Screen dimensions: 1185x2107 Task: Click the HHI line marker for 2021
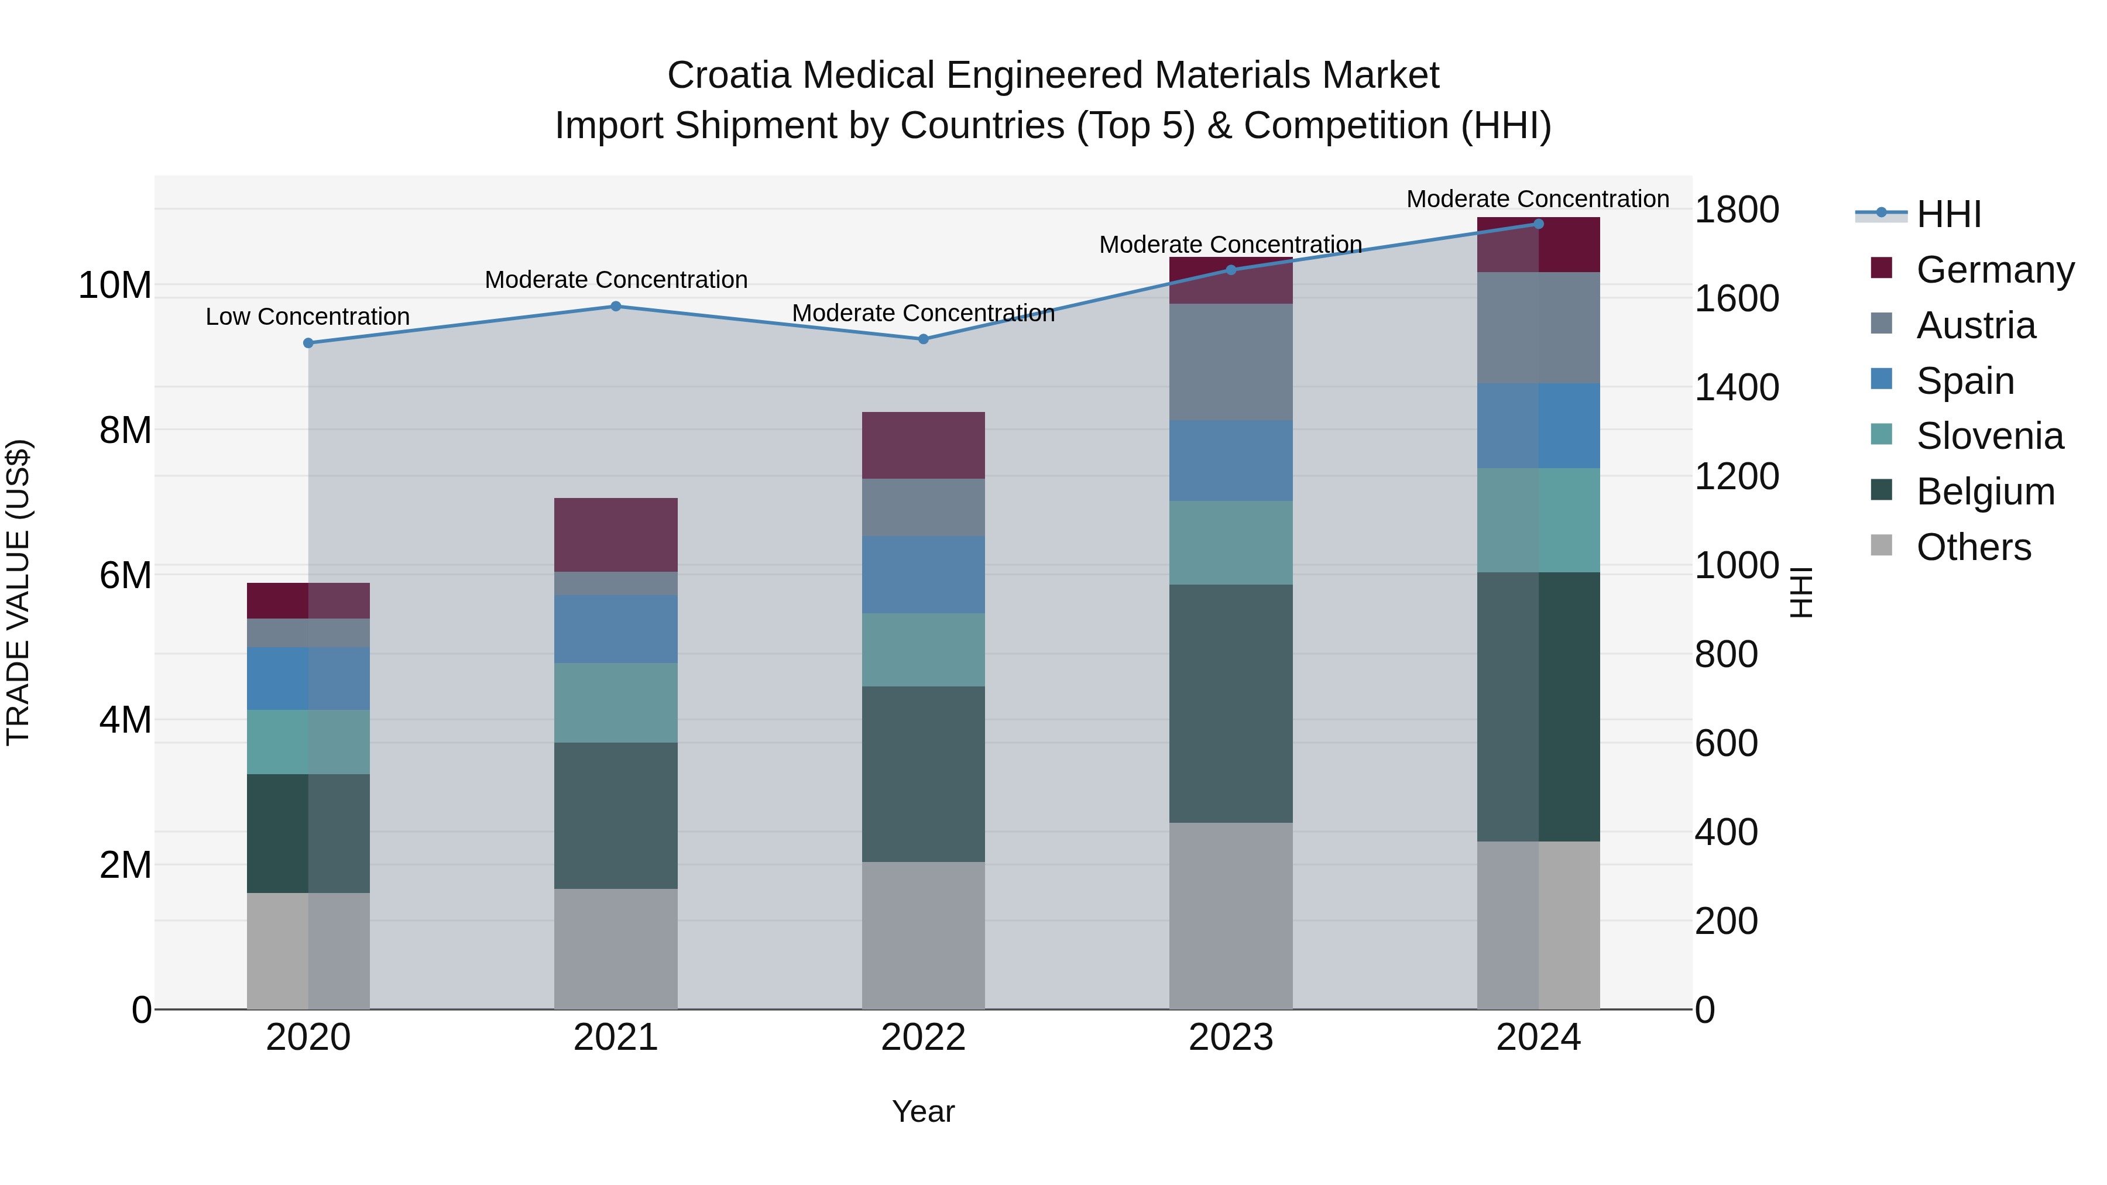(x=616, y=307)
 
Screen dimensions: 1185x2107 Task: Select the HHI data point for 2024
(x=1538, y=224)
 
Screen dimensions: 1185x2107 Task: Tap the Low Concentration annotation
(x=307, y=317)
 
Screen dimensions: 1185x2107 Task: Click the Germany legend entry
(x=1994, y=270)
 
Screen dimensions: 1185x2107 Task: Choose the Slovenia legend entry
(x=1989, y=436)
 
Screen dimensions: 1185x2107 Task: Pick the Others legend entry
(x=1973, y=547)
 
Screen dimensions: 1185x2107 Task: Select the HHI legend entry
(x=1948, y=214)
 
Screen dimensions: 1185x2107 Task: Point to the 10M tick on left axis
(x=115, y=286)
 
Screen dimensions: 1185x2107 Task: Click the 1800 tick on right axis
(x=1736, y=209)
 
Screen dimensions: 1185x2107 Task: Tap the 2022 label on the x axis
(x=922, y=1038)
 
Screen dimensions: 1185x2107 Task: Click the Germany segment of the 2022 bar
(x=922, y=446)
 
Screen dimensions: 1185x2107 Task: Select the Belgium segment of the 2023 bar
(x=1230, y=703)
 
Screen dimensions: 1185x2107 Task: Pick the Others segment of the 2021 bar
(x=616, y=949)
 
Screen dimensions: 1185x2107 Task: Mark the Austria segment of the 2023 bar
(x=1230, y=362)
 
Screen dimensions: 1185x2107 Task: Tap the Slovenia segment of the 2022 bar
(x=922, y=650)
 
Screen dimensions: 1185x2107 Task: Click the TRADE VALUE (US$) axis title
(x=18, y=592)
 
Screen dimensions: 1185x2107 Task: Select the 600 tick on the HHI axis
(x=1726, y=743)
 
